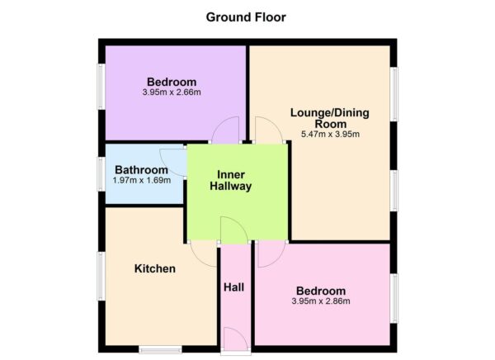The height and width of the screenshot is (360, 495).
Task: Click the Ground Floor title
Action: click(x=246, y=17)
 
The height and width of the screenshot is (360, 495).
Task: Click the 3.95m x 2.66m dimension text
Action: click(x=172, y=92)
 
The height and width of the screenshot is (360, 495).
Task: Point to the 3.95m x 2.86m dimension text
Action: click(x=321, y=301)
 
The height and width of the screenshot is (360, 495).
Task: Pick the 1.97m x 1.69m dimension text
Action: click(x=141, y=179)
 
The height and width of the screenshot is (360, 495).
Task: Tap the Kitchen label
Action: click(x=154, y=268)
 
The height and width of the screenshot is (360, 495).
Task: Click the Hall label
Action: click(x=233, y=287)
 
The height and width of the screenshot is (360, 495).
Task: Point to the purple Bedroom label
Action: click(x=172, y=81)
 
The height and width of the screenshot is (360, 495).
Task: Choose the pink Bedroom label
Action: click(x=321, y=291)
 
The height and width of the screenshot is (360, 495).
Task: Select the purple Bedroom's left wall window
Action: click(x=101, y=88)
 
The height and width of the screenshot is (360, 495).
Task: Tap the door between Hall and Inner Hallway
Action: click(x=233, y=231)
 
